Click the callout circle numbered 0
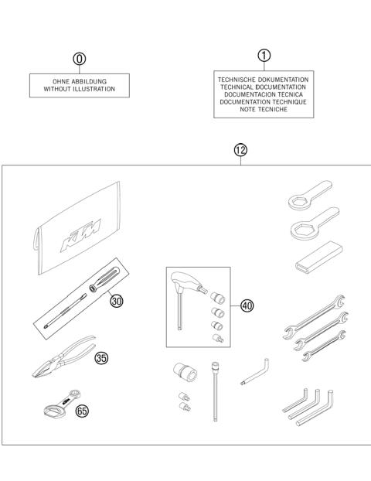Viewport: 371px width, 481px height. coord(78,59)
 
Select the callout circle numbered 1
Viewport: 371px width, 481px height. coord(264,55)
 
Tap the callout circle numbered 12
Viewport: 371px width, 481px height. coord(240,150)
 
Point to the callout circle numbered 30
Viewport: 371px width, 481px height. coord(117,301)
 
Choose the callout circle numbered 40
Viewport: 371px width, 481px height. coord(247,305)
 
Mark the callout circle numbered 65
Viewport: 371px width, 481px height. coord(83,411)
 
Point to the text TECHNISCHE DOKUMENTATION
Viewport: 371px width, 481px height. coord(263,79)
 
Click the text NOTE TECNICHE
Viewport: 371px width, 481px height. coord(263,110)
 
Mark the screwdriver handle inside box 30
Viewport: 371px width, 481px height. coord(104,281)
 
